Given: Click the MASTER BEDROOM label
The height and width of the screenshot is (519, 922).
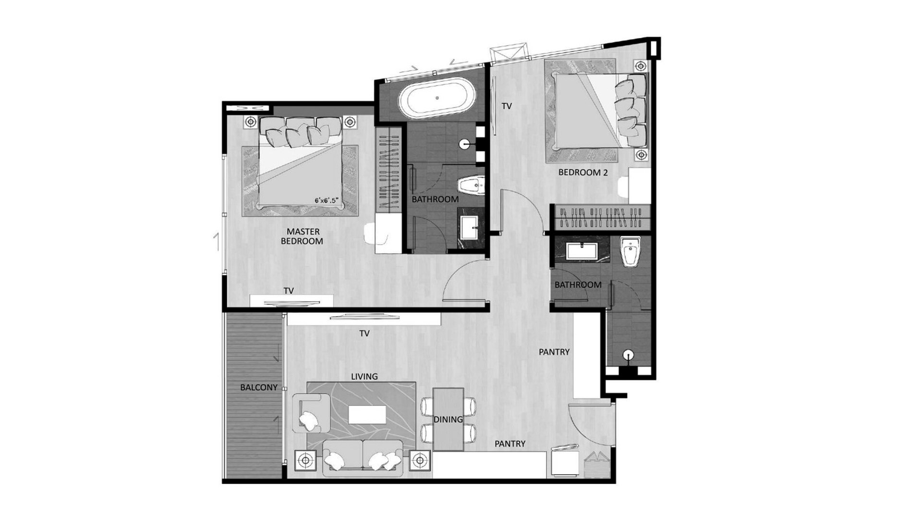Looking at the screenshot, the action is tap(302, 236).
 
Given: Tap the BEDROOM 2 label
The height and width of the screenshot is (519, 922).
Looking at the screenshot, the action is tap(583, 173).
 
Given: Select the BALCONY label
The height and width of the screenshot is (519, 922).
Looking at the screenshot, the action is tap(259, 387).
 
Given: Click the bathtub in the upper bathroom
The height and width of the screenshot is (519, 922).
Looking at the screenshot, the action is tap(437, 98).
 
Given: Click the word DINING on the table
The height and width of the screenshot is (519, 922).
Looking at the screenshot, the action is tap(448, 420).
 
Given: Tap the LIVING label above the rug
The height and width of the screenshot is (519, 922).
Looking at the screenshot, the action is tap(364, 376).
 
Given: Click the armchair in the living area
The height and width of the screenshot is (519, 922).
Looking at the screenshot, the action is tap(310, 413).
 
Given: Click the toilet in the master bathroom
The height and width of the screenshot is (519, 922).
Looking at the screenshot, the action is tap(471, 185).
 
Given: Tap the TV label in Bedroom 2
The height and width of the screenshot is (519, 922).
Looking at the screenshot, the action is tap(507, 107).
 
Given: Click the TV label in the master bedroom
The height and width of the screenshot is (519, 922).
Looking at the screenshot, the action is tap(288, 291).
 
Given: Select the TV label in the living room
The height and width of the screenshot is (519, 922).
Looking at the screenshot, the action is tap(364, 333).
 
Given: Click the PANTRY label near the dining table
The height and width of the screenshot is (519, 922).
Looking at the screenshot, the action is tap(510, 444).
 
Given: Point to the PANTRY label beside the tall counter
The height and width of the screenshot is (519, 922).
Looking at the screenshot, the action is tap(554, 352).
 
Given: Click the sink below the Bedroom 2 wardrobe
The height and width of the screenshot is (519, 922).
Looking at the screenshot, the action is tap(582, 251).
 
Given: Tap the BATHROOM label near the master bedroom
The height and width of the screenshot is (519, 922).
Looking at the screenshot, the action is tap(435, 199).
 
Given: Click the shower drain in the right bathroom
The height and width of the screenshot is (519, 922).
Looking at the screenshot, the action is tap(628, 355).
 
